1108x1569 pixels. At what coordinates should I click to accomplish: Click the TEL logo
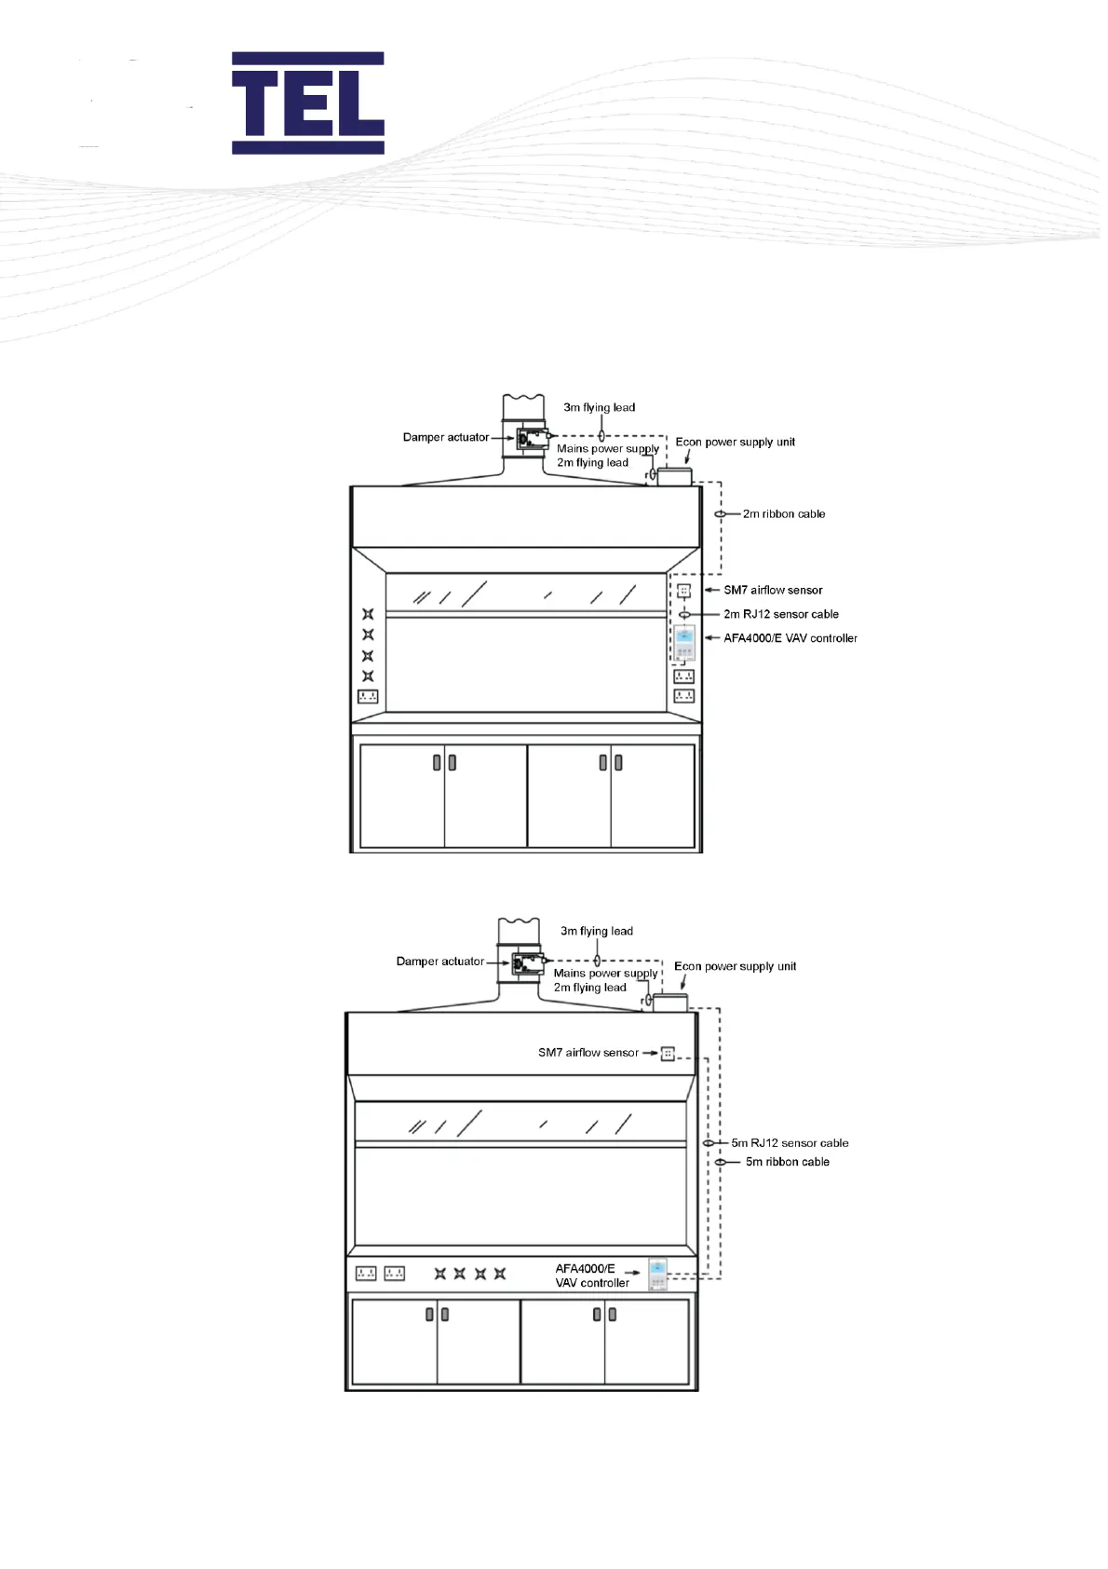[308, 102]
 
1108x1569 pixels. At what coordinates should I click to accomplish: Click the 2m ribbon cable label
[783, 514]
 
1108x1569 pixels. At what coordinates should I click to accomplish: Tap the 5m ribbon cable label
[787, 1162]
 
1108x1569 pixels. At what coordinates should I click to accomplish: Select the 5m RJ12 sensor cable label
[790, 1143]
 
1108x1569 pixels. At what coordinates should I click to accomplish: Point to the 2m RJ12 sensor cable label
[781, 615]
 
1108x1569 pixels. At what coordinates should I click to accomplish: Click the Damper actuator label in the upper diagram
[445, 438]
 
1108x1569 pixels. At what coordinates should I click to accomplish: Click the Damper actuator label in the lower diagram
[439, 962]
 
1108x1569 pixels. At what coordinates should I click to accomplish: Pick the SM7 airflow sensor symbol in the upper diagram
[684, 591]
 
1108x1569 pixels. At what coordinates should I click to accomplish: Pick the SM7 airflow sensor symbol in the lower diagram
[668, 1054]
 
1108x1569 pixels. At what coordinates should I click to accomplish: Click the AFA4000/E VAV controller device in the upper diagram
[684, 642]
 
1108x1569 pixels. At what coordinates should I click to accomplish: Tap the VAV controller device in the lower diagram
[658, 1274]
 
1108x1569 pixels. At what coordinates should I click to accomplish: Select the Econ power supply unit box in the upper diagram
[675, 477]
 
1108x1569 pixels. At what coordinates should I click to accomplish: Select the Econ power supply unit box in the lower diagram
[669, 1003]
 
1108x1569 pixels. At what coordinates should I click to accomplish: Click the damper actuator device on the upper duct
[532, 438]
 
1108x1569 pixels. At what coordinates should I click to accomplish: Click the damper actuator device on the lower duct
[527, 962]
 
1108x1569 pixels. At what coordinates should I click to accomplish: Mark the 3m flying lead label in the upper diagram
[599, 408]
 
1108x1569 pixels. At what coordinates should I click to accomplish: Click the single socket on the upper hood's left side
[368, 697]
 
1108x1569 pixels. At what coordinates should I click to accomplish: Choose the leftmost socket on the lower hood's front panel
[366, 1274]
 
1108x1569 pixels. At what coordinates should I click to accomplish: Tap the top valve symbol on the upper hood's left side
[368, 614]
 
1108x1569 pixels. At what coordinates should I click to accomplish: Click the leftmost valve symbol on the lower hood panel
[439, 1274]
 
